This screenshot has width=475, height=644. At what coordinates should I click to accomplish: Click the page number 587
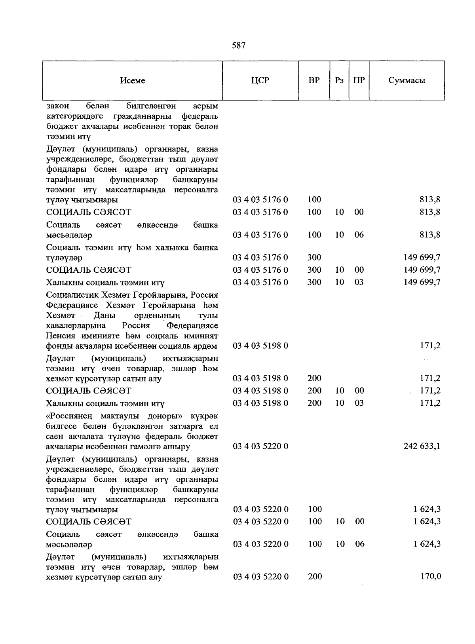pos(238,46)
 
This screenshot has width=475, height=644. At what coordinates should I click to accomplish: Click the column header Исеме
pos(133,80)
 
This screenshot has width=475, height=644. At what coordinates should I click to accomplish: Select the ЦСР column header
pos(260,80)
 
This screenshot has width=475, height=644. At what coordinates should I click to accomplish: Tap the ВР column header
pos(314,80)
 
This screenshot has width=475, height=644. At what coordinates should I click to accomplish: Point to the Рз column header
pos(339,80)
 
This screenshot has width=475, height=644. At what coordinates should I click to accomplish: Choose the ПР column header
pos(359,80)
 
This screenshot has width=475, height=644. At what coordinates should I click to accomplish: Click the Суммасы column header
pos(407,80)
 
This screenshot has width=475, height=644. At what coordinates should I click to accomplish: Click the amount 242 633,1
pos(422,446)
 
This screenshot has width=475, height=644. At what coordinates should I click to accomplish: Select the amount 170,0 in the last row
pos(431,577)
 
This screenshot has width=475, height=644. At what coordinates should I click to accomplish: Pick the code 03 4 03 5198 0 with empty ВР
pos(260,346)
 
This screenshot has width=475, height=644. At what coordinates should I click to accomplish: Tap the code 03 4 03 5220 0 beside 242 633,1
pos(260,446)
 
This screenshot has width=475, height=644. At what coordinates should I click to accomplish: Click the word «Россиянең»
pos(70,416)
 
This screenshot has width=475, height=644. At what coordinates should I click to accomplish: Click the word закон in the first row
pos(57,106)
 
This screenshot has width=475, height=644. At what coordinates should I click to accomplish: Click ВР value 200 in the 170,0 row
pos(315,577)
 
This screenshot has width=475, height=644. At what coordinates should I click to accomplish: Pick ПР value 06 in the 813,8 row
pos(359,235)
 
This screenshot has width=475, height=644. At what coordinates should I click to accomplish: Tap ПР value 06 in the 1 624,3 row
pos(359,544)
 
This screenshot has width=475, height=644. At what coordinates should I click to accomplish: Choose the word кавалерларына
pos(76,325)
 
